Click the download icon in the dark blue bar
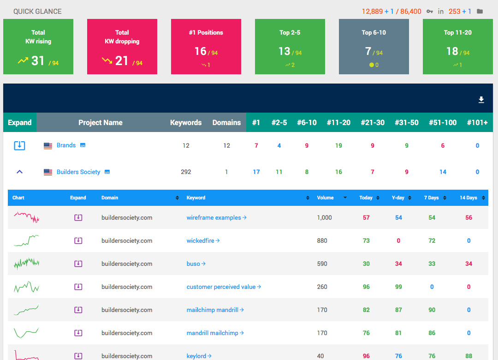click(x=481, y=100)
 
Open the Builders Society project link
click(x=78, y=172)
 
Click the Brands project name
click(x=66, y=145)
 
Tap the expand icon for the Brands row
click(x=19, y=145)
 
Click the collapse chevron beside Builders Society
click(x=19, y=172)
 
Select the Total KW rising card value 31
click(x=38, y=60)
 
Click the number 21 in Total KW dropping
click(x=122, y=60)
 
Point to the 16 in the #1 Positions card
click(x=200, y=51)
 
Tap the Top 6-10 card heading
click(x=373, y=32)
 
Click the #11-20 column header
click(x=338, y=122)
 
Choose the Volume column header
click(x=325, y=198)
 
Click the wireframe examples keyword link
click(x=214, y=217)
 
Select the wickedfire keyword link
click(x=201, y=240)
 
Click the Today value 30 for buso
click(x=366, y=264)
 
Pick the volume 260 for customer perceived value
click(x=322, y=287)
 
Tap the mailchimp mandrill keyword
click(x=213, y=310)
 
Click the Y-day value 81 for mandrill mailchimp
click(x=398, y=333)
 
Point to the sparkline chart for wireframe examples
click(x=26, y=217)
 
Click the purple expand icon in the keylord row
click(x=78, y=355)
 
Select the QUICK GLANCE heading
click(x=37, y=11)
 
